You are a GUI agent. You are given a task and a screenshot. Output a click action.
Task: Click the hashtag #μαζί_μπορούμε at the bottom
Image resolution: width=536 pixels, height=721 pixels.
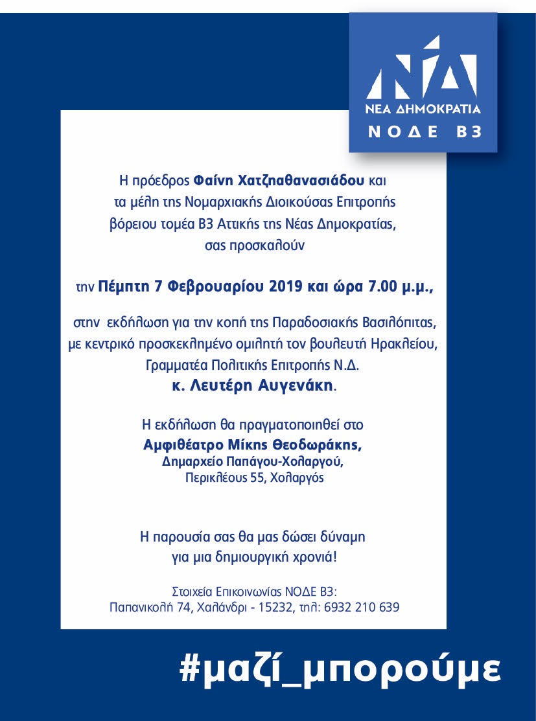tap(340, 669)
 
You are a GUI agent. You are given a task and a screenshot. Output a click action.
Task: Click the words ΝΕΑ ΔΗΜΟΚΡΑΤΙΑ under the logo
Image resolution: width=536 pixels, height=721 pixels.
tap(423, 108)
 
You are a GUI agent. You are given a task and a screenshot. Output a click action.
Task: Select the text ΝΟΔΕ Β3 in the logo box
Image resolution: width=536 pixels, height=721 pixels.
tap(425, 132)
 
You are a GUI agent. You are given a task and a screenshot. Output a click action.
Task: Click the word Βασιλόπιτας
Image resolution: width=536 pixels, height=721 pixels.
tap(400, 323)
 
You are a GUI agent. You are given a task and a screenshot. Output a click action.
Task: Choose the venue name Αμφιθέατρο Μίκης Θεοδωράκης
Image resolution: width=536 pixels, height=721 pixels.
tap(253, 446)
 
